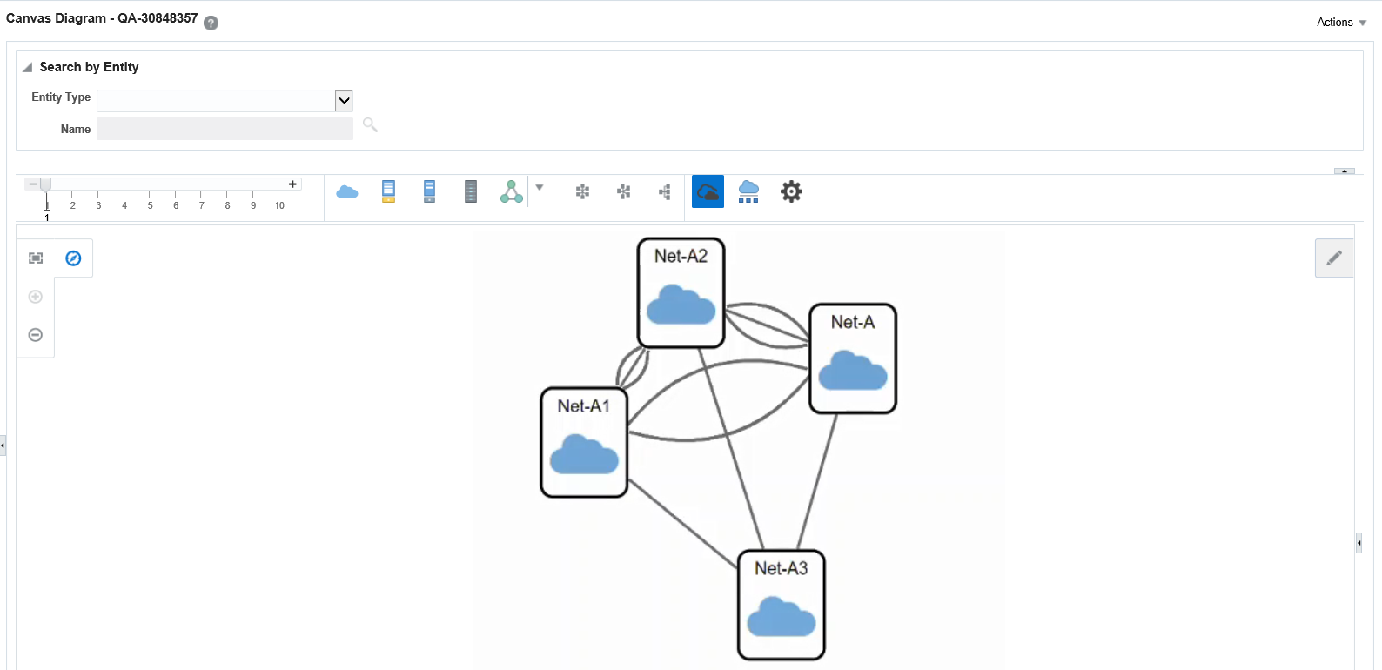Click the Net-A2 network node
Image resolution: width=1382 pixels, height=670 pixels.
click(x=681, y=293)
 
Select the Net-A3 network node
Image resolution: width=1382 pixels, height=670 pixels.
click(x=782, y=605)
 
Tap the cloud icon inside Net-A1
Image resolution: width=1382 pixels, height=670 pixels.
click(x=584, y=454)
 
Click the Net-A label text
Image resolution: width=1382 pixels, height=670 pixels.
click(x=853, y=322)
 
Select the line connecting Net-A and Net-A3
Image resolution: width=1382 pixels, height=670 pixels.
click(x=817, y=481)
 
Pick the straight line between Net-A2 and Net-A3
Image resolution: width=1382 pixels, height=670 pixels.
click(x=731, y=448)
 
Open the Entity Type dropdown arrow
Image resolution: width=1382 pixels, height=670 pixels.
click(x=344, y=101)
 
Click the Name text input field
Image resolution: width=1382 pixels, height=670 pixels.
click(x=225, y=129)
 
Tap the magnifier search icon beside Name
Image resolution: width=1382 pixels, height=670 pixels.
click(x=370, y=125)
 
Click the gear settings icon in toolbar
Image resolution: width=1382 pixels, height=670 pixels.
click(x=791, y=192)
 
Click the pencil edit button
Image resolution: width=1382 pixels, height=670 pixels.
click(x=1334, y=258)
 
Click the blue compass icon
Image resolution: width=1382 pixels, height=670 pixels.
click(x=73, y=258)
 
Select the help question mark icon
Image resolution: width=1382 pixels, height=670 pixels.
click(x=211, y=23)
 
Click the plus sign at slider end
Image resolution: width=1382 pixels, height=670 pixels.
click(x=292, y=184)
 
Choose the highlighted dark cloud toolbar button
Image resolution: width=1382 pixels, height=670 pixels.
click(x=708, y=192)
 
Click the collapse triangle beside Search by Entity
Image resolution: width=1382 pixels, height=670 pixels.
click(x=28, y=67)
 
